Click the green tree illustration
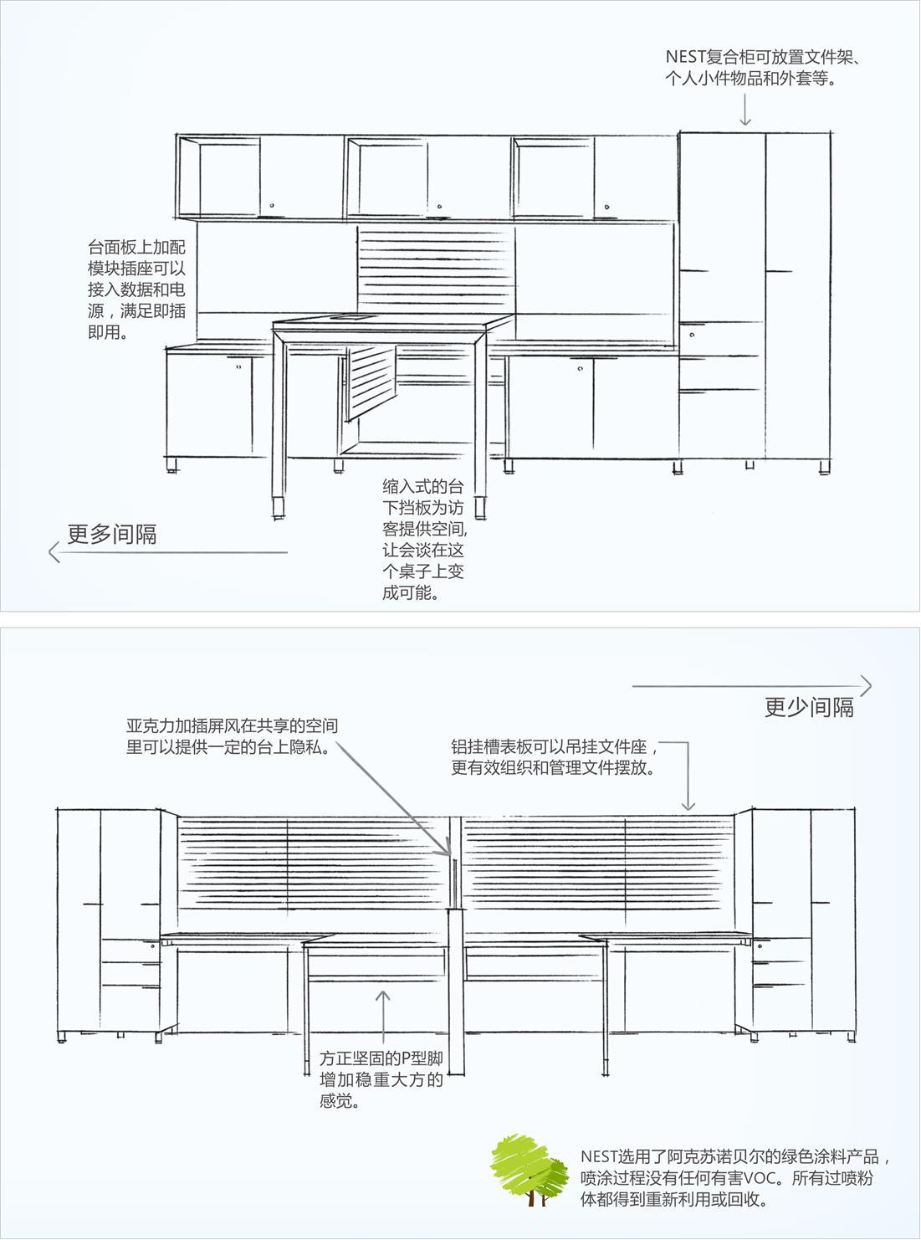[529, 1169]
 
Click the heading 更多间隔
[112, 534]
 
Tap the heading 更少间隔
[809, 707]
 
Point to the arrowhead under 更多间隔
[54, 552]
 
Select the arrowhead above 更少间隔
[866, 686]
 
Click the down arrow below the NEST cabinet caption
[744, 109]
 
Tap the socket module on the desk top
[346, 317]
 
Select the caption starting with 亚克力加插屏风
[232, 736]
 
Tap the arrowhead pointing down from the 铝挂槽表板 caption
[688, 806]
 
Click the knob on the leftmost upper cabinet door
[273, 206]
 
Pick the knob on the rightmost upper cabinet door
[607, 207]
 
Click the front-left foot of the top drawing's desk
[278, 508]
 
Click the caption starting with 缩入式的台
[424, 540]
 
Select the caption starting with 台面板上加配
[136, 290]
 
